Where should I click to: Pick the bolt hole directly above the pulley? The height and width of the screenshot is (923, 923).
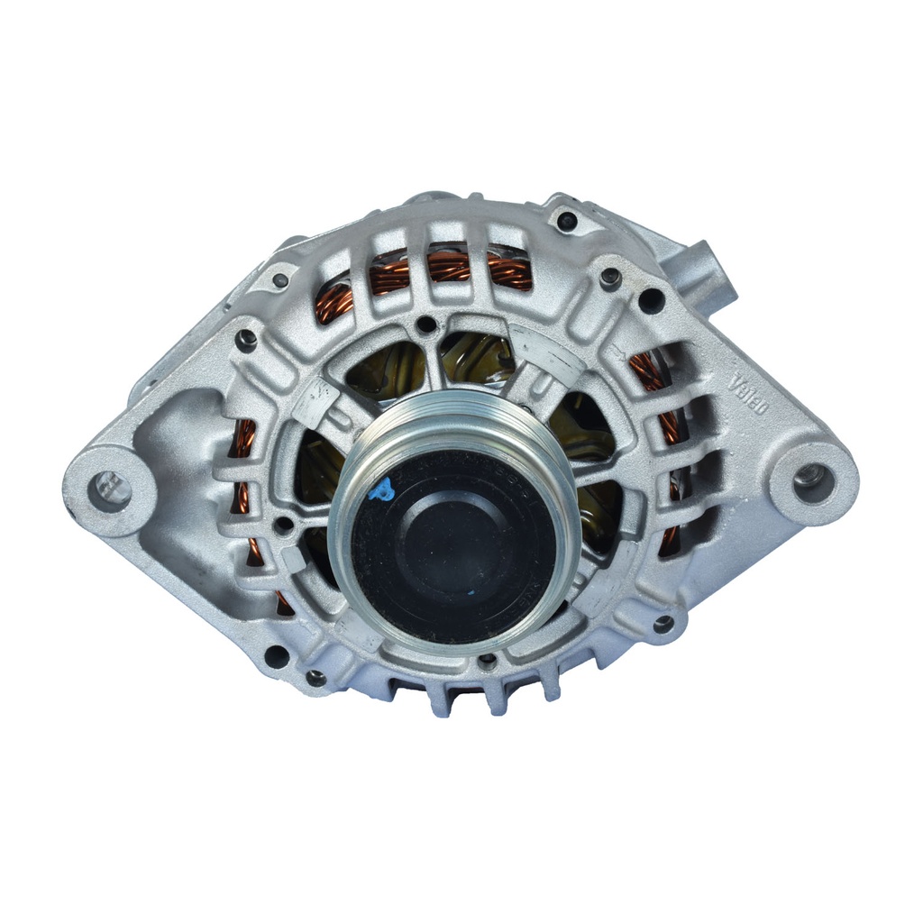[426, 324]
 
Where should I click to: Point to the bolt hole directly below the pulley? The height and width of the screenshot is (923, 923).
[488, 663]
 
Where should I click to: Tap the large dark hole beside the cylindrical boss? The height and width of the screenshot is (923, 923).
[651, 301]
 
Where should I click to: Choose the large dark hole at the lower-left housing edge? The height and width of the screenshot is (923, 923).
[276, 656]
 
